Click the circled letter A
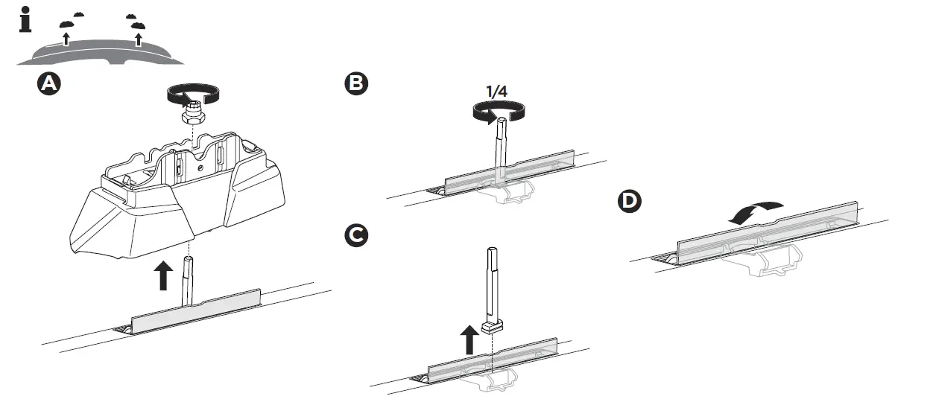point(48,85)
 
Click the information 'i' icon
point(25,20)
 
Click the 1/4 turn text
point(496,92)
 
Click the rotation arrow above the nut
point(192,95)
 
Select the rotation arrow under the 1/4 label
point(496,112)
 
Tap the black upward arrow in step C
point(469,341)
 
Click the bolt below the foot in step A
point(189,279)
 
